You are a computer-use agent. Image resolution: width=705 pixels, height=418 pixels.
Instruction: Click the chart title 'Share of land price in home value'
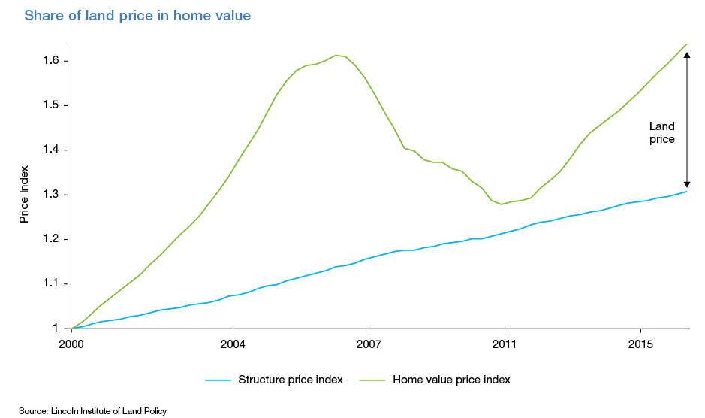pyautogui.click(x=137, y=15)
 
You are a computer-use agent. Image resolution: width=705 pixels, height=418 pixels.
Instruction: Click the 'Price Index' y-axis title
pyautogui.click(x=24, y=195)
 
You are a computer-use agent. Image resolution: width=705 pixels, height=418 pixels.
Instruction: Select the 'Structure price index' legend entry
pyautogui.click(x=290, y=380)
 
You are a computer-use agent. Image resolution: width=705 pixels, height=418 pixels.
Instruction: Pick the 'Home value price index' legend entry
pyautogui.click(x=451, y=380)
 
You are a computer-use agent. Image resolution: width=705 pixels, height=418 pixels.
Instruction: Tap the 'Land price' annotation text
pyautogui.click(x=662, y=133)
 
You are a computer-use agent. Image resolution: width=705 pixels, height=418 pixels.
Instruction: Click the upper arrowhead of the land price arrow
pyautogui.click(x=686, y=55)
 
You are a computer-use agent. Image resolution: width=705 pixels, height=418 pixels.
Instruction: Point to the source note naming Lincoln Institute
pyautogui.click(x=93, y=411)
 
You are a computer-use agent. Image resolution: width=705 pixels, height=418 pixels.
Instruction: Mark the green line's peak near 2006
pyautogui.click(x=336, y=55)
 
